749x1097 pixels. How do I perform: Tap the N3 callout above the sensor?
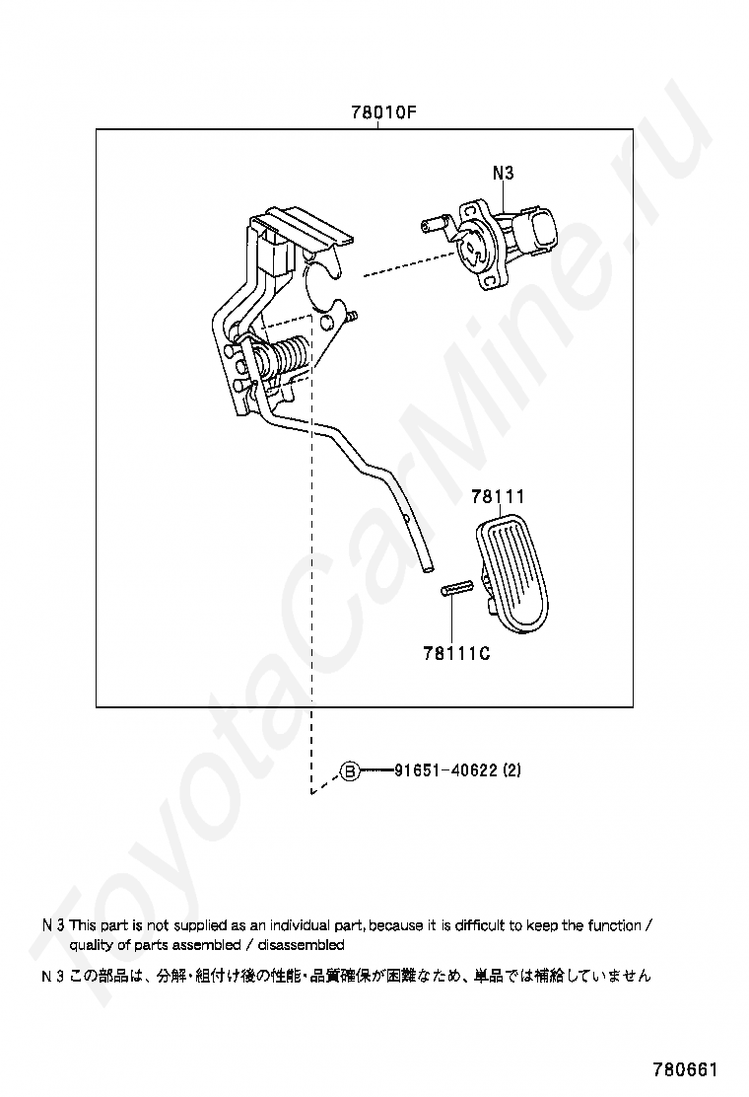point(503,172)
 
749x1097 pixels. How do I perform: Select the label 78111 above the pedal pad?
point(498,497)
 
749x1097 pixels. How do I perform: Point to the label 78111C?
point(456,653)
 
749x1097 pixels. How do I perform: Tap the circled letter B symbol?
point(349,771)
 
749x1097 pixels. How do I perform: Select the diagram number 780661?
point(685,1069)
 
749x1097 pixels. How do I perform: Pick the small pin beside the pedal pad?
point(458,589)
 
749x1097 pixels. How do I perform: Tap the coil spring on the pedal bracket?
point(287,355)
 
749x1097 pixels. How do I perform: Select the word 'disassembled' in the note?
point(302,945)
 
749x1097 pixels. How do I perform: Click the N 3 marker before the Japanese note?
point(53,976)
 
